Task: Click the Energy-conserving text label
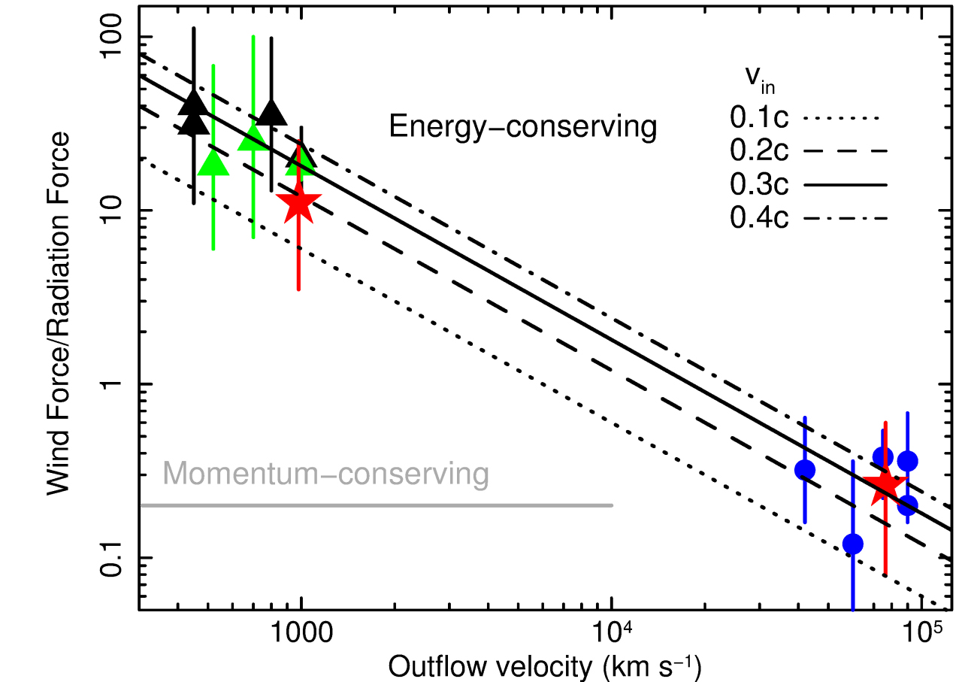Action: [x=523, y=126]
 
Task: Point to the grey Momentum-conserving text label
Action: [x=325, y=474]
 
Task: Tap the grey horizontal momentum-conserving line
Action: [x=376, y=505]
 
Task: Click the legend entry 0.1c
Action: [x=759, y=117]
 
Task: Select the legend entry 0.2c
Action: [x=759, y=151]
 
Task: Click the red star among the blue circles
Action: [x=885, y=486]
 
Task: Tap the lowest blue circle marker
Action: [x=853, y=544]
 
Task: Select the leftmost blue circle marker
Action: [x=805, y=470]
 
